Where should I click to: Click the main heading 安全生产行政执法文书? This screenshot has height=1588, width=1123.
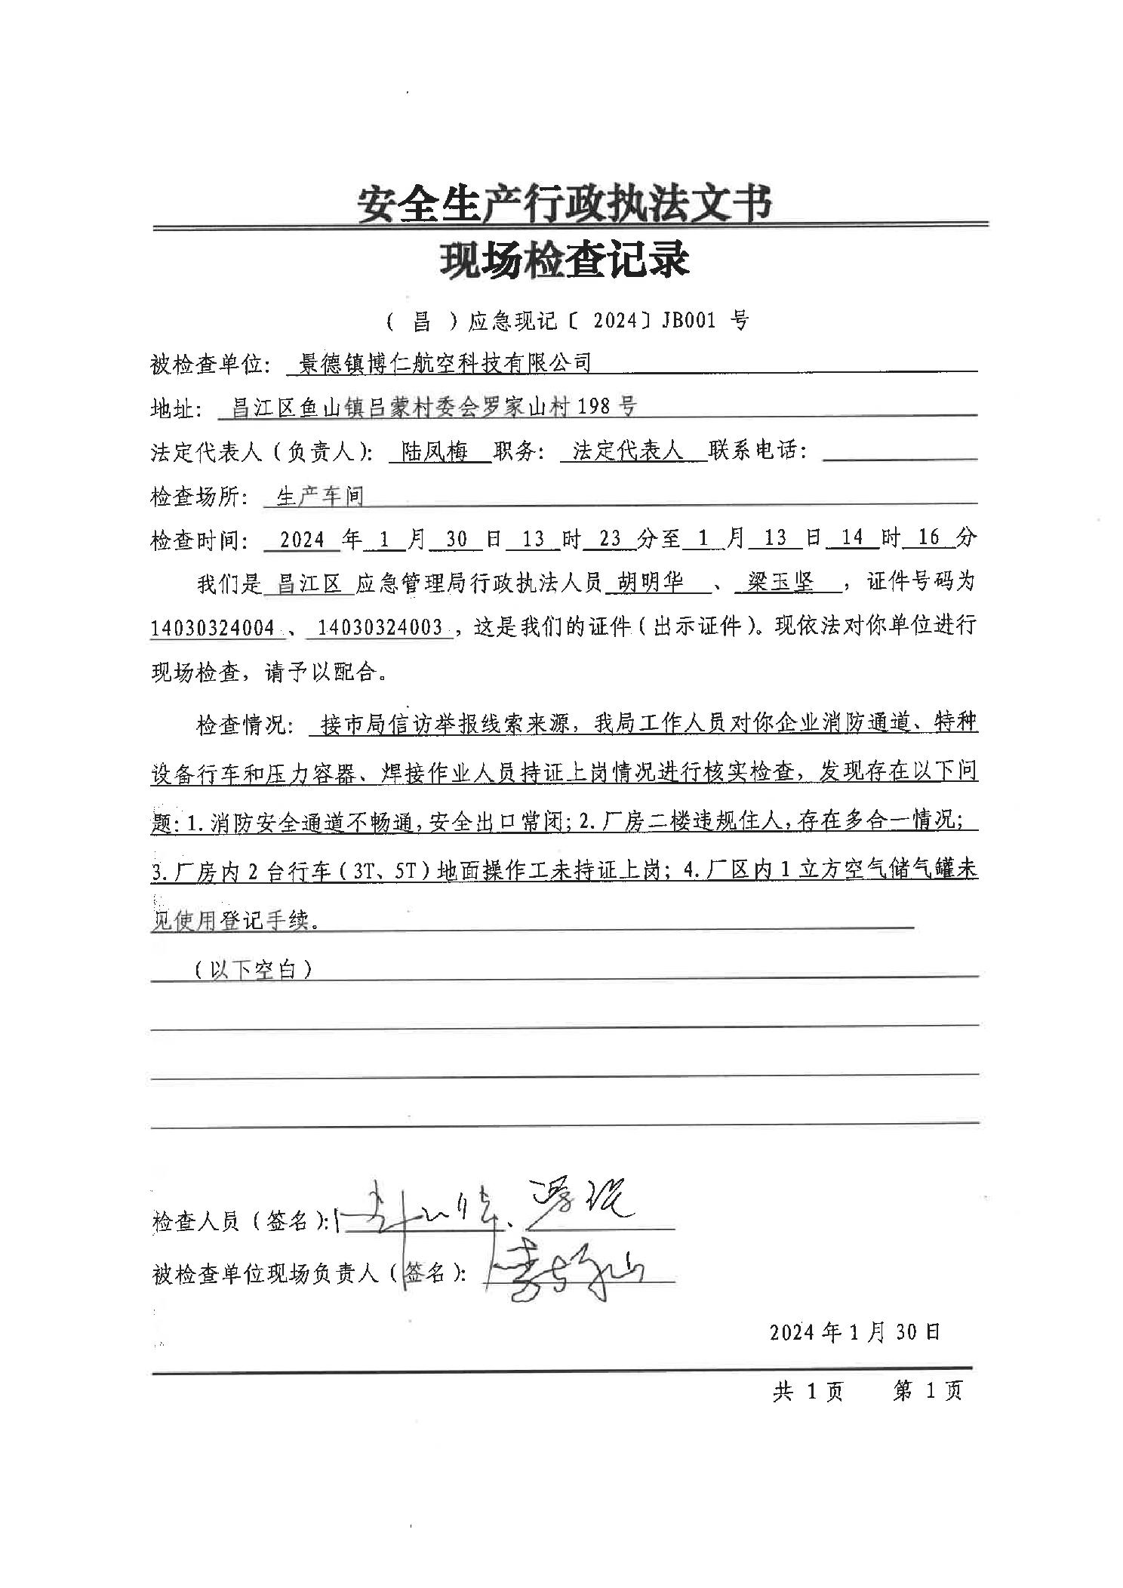565,203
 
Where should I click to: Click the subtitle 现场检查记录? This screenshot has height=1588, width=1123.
565,260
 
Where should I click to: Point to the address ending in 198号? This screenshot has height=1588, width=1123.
434,408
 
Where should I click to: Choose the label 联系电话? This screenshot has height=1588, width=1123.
757,451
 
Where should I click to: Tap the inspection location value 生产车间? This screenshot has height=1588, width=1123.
320,496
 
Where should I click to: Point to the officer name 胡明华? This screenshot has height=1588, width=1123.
651,582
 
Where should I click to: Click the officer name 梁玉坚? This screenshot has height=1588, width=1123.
780,582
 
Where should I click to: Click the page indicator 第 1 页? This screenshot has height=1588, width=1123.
928,1391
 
